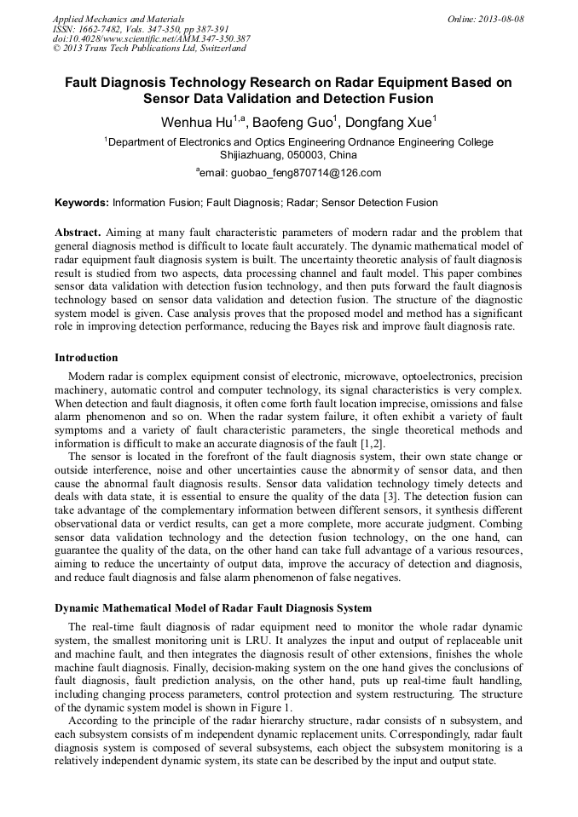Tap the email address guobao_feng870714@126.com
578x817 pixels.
coord(292,173)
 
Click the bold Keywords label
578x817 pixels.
coord(82,203)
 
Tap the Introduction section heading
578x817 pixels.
coord(86,357)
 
